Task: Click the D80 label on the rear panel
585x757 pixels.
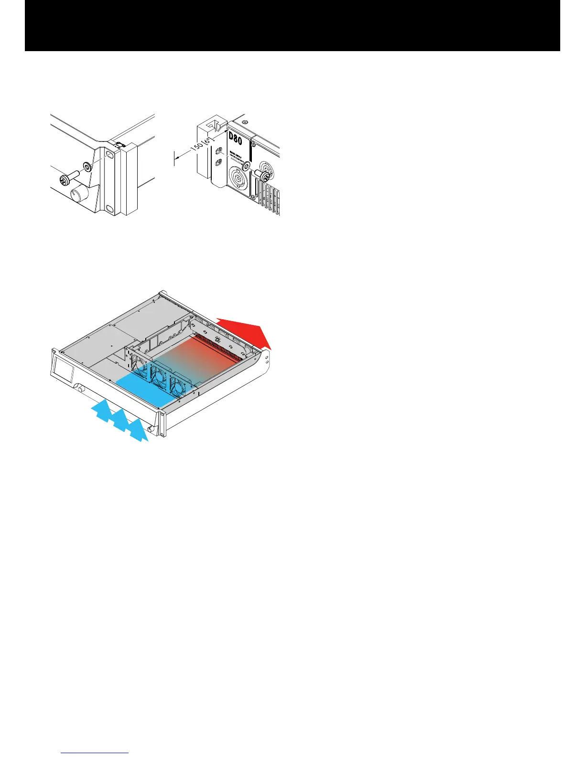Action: tap(235, 139)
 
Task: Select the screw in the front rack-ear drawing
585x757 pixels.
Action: tap(65, 180)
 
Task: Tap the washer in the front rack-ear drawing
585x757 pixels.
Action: tap(87, 167)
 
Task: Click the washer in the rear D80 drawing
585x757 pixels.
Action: tap(246, 165)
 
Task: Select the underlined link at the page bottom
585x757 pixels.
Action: tap(95, 753)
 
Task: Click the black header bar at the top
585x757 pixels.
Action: tap(292, 25)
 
